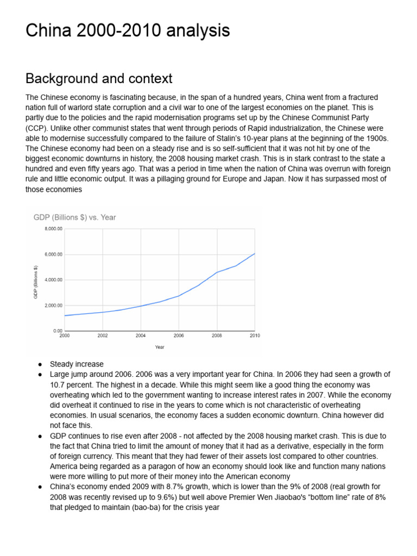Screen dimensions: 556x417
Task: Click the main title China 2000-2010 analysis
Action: [128, 30]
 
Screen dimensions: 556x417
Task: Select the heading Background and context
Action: [99, 78]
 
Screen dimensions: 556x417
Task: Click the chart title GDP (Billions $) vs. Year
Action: [74, 217]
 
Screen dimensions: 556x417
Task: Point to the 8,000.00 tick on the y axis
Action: [54, 229]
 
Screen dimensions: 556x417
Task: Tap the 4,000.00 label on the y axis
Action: [54, 280]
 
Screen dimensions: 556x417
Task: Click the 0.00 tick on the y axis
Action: [58, 331]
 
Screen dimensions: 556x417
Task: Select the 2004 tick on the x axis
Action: [141, 336]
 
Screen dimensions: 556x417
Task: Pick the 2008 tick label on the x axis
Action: [217, 336]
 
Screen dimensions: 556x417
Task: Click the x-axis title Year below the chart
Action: [160, 346]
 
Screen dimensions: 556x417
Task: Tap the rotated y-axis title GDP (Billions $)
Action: [36, 282]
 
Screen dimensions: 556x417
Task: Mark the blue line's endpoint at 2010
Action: [255, 254]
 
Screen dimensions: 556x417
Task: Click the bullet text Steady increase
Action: [77, 364]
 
